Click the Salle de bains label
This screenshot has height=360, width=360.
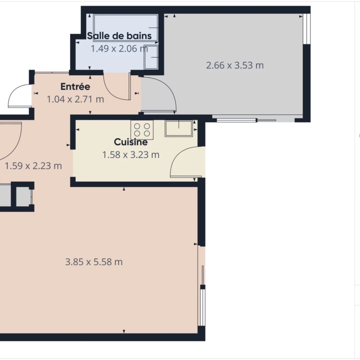tap(119, 36)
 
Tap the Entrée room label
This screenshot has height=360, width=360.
tap(75, 87)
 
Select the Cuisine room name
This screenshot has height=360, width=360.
tap(131, 142)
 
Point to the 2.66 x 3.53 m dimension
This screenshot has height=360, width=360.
tap(234, 66)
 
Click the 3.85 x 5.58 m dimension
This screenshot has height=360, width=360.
tap(94, 262)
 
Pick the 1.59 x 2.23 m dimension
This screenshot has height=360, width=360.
tap(33, 166)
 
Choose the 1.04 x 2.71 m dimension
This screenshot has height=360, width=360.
tap(75, 99)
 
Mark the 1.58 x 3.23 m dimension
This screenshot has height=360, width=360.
tap(131, 155)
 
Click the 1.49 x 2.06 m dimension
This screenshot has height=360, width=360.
tap(119, 48)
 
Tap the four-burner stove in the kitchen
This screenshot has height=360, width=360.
tap(142, 130)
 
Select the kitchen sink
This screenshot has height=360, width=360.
tap(179, 129)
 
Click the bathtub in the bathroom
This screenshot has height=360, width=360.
tap(126, 28)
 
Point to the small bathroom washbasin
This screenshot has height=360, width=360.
tap(151, 57)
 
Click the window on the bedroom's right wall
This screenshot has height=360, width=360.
tap(306, 29)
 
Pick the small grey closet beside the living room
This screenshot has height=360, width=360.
tap(24, 197)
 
